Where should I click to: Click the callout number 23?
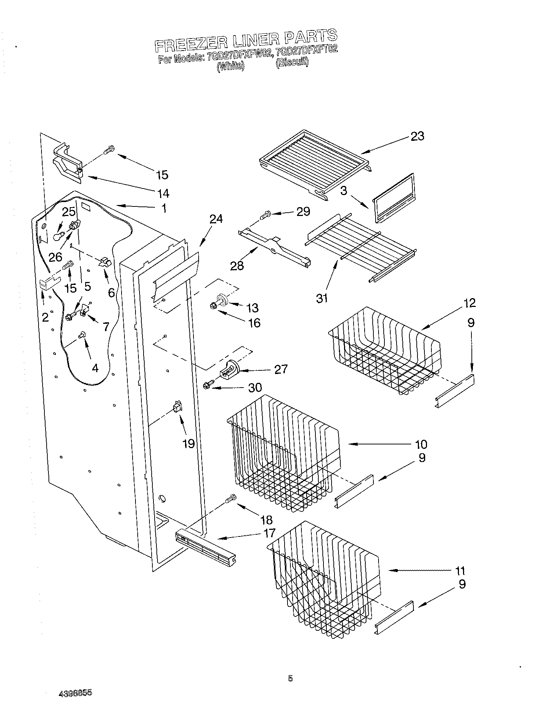coord(417,136)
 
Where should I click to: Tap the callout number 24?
coord(216,219)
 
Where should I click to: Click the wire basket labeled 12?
coord(384,352)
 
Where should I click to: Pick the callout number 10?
coord(421,444)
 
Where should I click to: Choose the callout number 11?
coord(460,571)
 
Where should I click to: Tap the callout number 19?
coord(188,444)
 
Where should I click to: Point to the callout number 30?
coord(255,387)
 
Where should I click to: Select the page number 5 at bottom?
coord(290,679)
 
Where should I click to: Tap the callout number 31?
coord(322,298)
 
